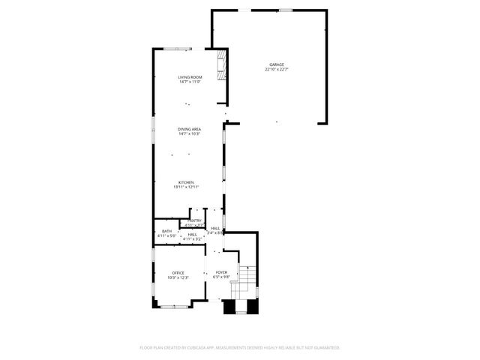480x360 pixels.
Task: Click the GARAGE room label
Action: [277, 64]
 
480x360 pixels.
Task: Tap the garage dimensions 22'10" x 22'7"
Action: [277, 70]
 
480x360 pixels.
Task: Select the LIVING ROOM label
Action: [190, 77]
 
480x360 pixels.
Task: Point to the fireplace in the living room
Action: [221, 65]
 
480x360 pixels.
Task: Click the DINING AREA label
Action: [189, 129]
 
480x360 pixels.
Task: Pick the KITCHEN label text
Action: [186, 182]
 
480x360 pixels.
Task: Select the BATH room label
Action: [166, 231]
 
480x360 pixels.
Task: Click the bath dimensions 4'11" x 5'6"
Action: [166, 235]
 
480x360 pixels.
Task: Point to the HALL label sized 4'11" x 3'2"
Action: [193, 234]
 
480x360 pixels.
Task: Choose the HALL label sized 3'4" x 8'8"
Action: [215, 228]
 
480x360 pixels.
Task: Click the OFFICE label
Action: [178, 273]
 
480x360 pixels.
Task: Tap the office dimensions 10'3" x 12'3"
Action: [178, 277]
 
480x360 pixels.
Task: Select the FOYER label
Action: [221, 272]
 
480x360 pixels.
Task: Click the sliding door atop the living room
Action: [178, 49]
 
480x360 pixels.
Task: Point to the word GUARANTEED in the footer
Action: [325, 347]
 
